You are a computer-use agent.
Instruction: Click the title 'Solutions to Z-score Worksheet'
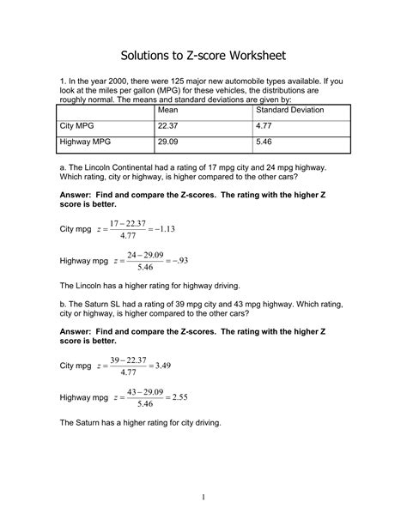(x=203, y=56)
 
